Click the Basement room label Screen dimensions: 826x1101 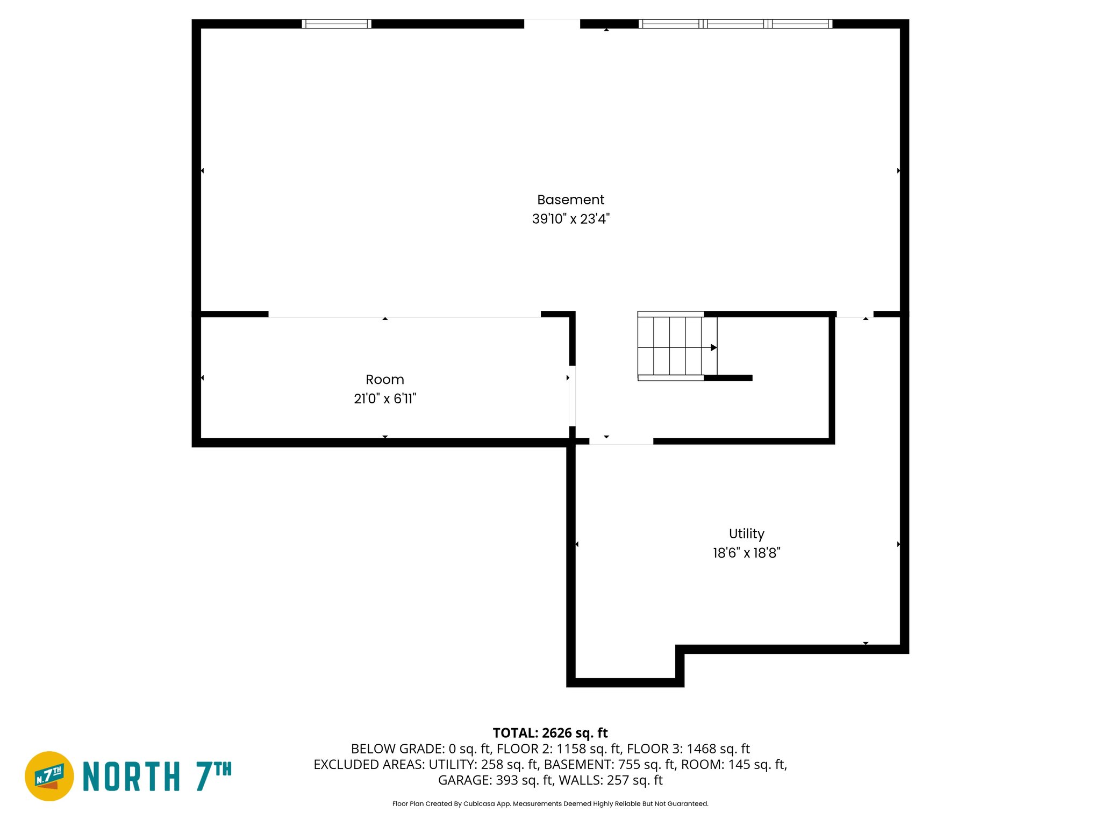coord(570,200)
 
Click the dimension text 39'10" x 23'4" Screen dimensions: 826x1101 coord(570,219)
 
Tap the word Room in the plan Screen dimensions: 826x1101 coord(384,380)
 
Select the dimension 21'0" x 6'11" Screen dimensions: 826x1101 coord(384,398)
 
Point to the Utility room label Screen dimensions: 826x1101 coord(746,533)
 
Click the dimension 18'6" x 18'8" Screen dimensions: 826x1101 coord(746,553)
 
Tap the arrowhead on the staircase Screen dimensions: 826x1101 coord(714,348)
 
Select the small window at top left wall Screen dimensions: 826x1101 coord(337,24)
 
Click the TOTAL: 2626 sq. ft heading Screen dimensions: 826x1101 coord(550,733)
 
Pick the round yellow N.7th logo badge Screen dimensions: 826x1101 coord(49,776)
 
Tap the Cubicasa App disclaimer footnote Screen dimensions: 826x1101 coord(550,804)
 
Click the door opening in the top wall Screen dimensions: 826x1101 coord(552,24)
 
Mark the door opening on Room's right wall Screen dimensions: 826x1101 coord(572,396)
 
